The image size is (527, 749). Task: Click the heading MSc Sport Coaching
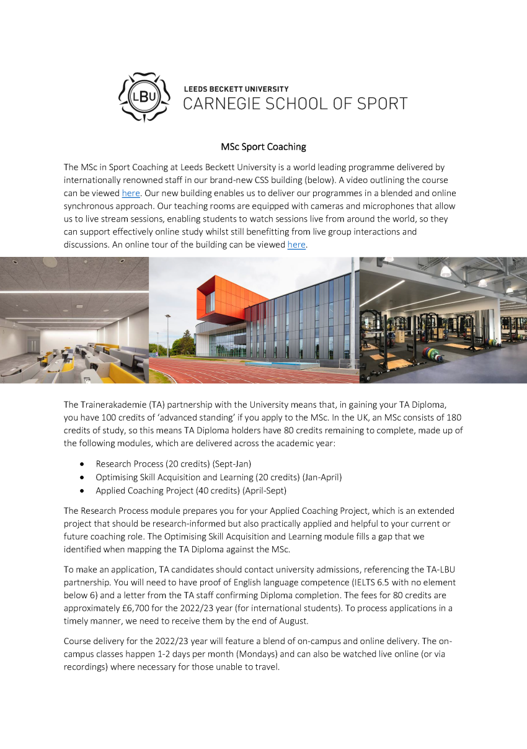pyautogui.click(x=263, y=147)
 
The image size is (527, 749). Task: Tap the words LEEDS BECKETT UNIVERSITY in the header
pyautogui.click(x=236, y=89)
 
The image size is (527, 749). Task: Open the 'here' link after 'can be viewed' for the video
pyautogui.click(x=131, y=193)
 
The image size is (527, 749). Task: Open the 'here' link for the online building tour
pyautogui.click(x=296, y=244)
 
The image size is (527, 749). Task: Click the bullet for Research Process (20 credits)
pyautogui.click(x=83, y=464)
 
